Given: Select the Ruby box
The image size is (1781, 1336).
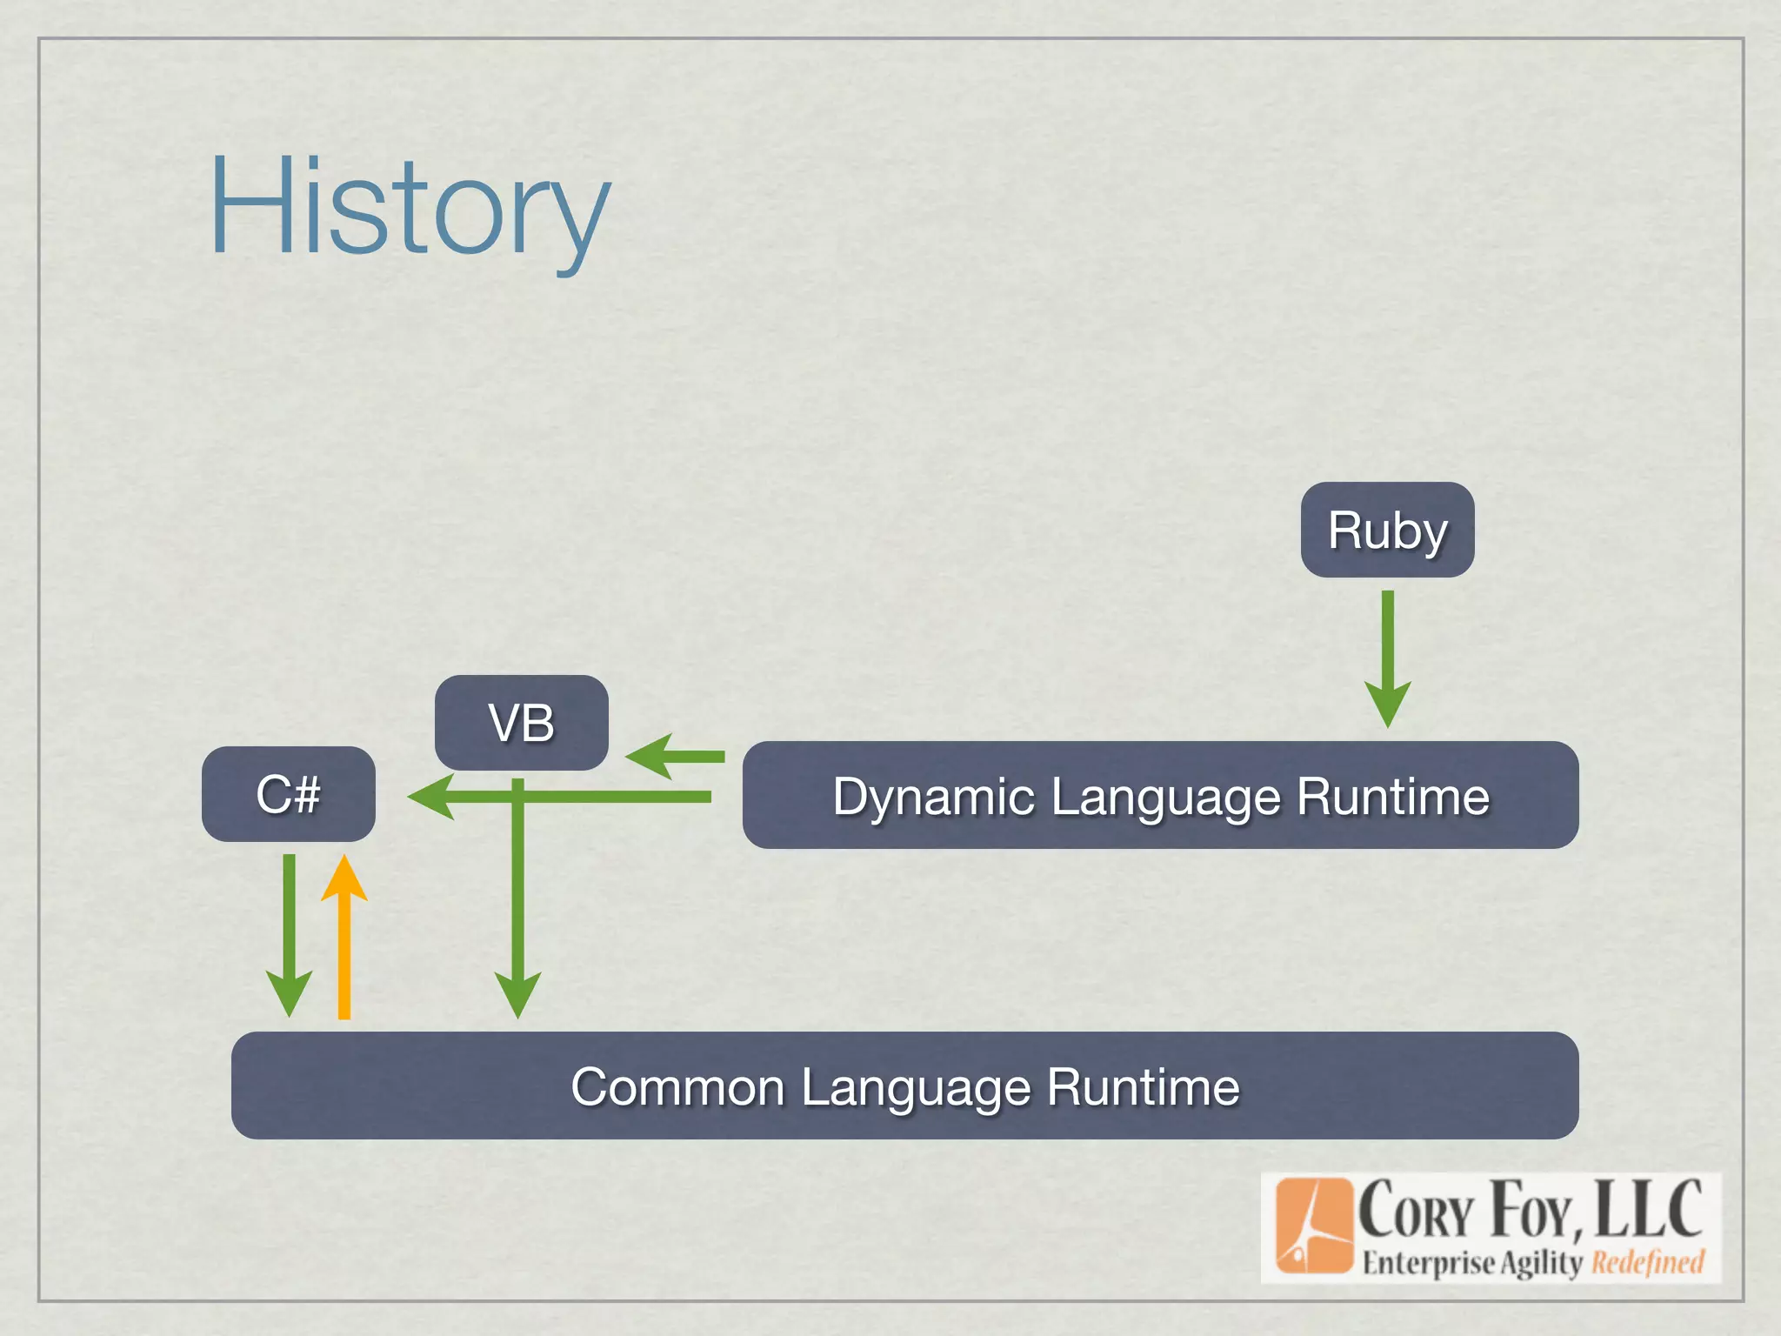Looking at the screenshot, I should (1387, 530).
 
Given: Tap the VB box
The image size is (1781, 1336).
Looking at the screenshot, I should (521, 723).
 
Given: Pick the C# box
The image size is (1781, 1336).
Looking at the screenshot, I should (288, 794).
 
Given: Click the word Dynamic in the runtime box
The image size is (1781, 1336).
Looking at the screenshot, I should (934, 797).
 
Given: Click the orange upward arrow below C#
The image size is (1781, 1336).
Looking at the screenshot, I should (344, 939).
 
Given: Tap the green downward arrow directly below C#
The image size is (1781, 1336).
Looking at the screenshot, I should (289, 935).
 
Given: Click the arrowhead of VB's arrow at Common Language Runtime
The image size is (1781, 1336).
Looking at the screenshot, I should (518, 996).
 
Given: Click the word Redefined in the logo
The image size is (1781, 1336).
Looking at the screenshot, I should (1647, 1261).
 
